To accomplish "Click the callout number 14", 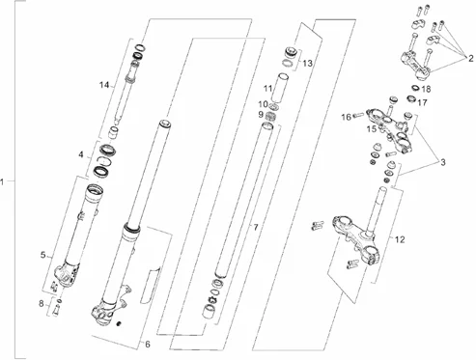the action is pos(104,85).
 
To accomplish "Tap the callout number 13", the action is pos(307,64).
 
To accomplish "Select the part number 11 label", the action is pos(268,88).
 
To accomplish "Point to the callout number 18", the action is pos(426,89).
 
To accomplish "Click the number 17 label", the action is pos(422,102).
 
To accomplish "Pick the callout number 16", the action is pos(347,117).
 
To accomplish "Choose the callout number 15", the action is pos(372,129).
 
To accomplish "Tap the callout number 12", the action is pos(400,239).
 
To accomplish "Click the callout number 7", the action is pos(256,228).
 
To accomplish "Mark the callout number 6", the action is pos(148,345).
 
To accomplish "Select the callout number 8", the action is pos(42,303).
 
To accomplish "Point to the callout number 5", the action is pos(43,255).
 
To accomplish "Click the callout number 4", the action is pos(81,155).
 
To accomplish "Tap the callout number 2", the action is pos(471,59).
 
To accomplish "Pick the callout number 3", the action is pos(443,162).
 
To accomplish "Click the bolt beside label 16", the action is pos(358,114).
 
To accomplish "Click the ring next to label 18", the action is pos(415,87).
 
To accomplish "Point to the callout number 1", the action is pos(2,182).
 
